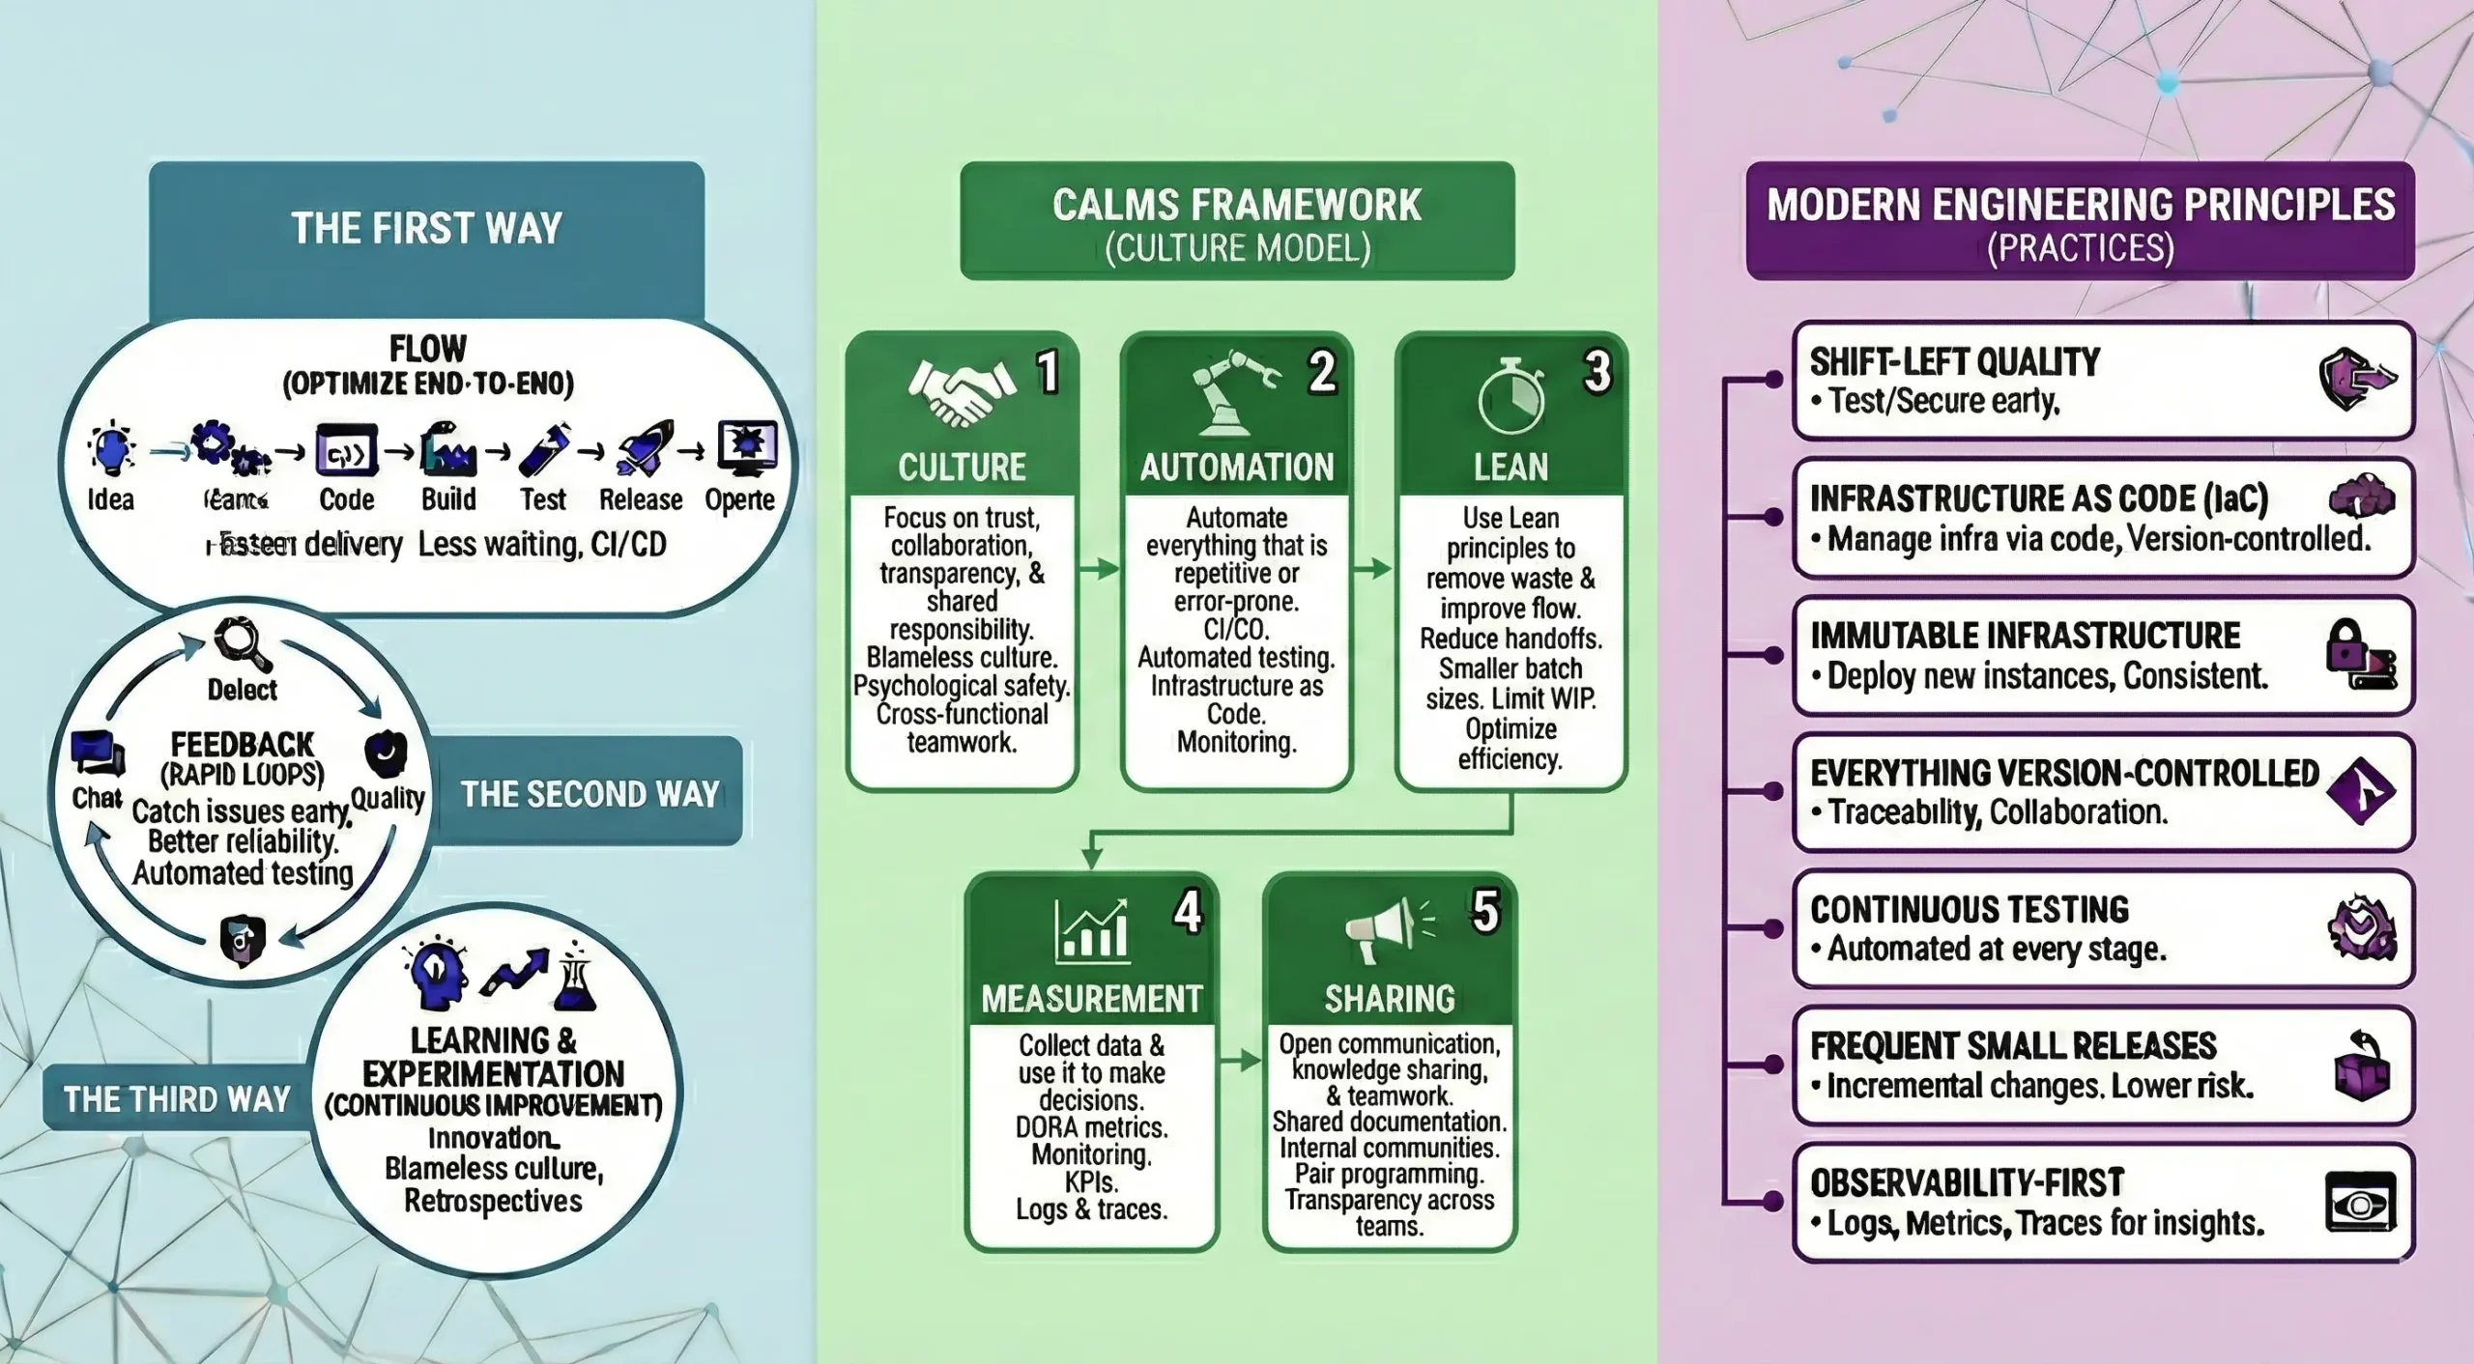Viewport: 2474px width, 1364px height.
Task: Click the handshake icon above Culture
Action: click(961, 391)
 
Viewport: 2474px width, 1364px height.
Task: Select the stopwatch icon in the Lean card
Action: click(1510, 398)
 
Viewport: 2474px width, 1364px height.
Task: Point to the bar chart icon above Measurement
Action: click(1091, 931)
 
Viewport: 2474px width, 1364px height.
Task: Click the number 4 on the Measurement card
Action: click(1188, 911)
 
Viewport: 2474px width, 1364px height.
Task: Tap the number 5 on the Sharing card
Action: click(1485, 911)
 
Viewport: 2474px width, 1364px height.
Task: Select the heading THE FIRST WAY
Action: click(426, 229)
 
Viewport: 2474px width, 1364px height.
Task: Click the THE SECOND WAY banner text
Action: click(590, 794)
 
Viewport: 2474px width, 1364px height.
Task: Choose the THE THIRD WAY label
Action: click(177, 1098)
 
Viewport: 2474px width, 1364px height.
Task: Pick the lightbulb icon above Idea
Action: click(111, 449)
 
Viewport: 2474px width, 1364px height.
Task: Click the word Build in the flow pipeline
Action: click(448, 499)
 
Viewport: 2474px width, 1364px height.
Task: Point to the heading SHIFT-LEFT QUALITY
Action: click(1954, 362)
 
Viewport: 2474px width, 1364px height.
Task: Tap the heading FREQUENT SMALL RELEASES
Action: click(2013, 1046)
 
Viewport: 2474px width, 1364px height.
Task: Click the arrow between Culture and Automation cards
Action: click(1099, 569)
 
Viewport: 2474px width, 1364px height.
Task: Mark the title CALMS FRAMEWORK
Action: click(1237, 205)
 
